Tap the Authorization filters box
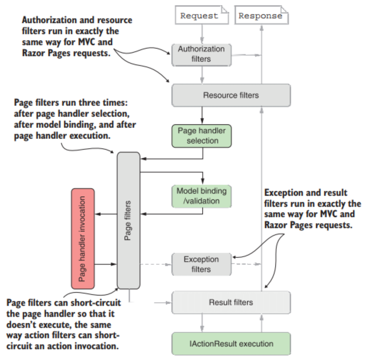(x=202, y=55)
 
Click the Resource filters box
(x=231, y=95)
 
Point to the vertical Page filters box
(x=128, y=221)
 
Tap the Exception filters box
(x=202, y=265)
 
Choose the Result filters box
(x=231, y=303)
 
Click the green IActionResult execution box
(x=231, y=343)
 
